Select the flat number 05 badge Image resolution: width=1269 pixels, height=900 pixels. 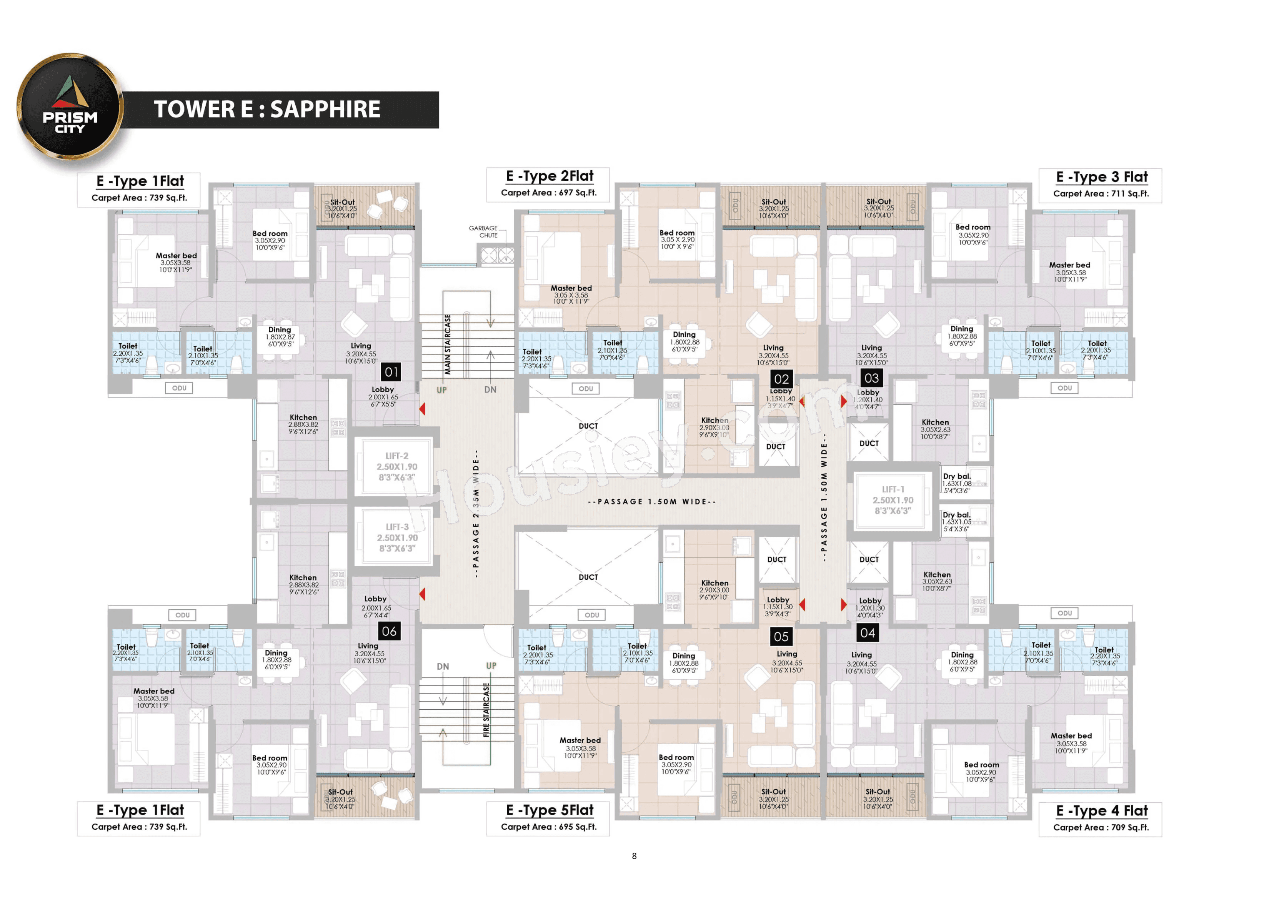[x=781, y=637]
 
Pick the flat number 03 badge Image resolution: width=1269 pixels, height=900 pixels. [x=871, y=378]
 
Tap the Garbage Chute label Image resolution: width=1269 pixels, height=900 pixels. [x=483, y=232]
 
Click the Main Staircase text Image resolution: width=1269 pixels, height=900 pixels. [x=447, y=344]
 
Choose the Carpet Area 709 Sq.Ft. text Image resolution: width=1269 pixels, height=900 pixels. [x=1101, y=827]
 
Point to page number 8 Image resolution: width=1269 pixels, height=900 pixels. [x=634, y=856]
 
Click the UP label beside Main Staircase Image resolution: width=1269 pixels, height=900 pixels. [x=442, y=390]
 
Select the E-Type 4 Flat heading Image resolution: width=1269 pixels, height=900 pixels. [x=1101, y=811]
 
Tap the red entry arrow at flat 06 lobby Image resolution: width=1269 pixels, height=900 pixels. [x=423, y=594]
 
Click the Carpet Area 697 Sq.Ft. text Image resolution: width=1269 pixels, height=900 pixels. [x=549, y=193]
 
